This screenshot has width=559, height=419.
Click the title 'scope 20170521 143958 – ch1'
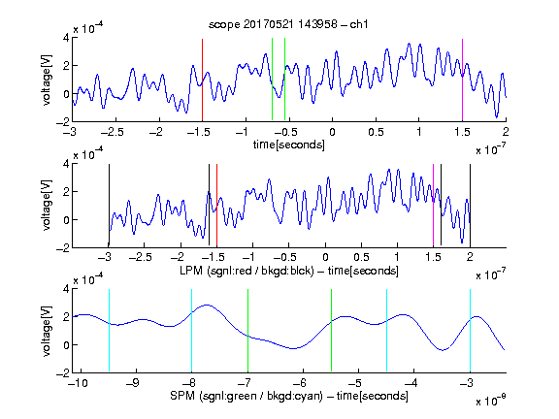288,24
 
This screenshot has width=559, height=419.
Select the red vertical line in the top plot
202,81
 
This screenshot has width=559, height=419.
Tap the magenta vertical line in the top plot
462,81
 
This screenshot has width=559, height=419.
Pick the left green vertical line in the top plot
272,80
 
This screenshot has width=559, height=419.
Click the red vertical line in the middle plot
216,206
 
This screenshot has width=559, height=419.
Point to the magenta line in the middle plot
433,206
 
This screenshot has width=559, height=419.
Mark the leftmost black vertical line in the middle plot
109,206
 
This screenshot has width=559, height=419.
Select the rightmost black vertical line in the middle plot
470,206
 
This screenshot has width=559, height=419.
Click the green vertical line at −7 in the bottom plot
247,331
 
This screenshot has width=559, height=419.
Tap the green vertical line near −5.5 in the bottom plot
331,331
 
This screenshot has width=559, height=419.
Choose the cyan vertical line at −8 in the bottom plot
192,331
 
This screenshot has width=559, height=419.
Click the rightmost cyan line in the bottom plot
470,331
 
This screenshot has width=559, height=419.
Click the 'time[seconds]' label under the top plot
289,145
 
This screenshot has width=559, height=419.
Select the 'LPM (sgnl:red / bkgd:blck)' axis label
247,271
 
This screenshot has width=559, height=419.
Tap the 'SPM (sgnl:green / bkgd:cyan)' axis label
247,396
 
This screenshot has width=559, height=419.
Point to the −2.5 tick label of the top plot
112,132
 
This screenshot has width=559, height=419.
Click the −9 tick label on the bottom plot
133,383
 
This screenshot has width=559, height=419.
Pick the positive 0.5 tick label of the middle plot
361,258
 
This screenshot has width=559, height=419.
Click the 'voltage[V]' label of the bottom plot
47,331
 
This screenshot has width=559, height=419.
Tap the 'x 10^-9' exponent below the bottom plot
490,401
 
